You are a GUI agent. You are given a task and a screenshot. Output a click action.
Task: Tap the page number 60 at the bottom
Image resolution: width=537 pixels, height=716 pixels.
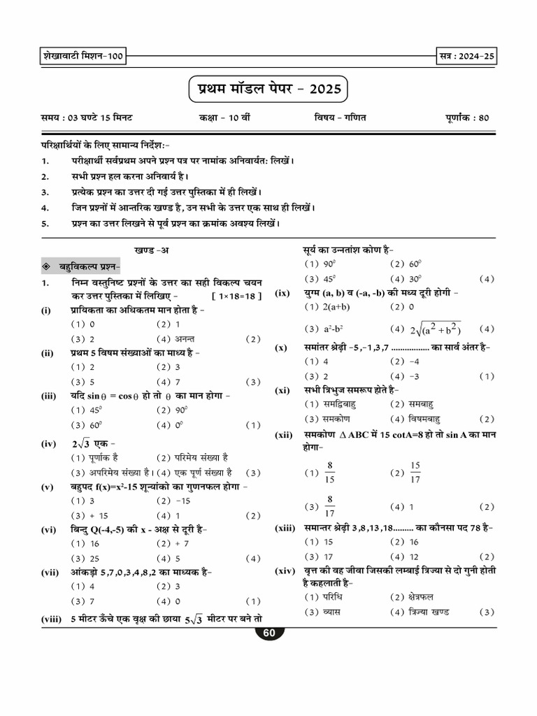[268, 633]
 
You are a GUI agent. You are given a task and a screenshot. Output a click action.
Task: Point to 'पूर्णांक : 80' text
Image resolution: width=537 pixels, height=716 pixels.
[466, 117]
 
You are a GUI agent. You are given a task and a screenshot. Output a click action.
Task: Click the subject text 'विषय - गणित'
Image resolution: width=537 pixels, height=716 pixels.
[340, 117]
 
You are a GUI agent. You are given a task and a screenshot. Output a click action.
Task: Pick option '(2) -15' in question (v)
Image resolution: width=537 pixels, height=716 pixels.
[173, 501]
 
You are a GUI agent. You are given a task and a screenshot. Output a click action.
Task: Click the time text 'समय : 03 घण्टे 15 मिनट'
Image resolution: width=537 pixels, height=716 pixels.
[92, 117]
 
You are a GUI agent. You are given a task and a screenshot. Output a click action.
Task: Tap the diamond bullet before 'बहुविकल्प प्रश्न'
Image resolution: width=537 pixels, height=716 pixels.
[45, 266]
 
